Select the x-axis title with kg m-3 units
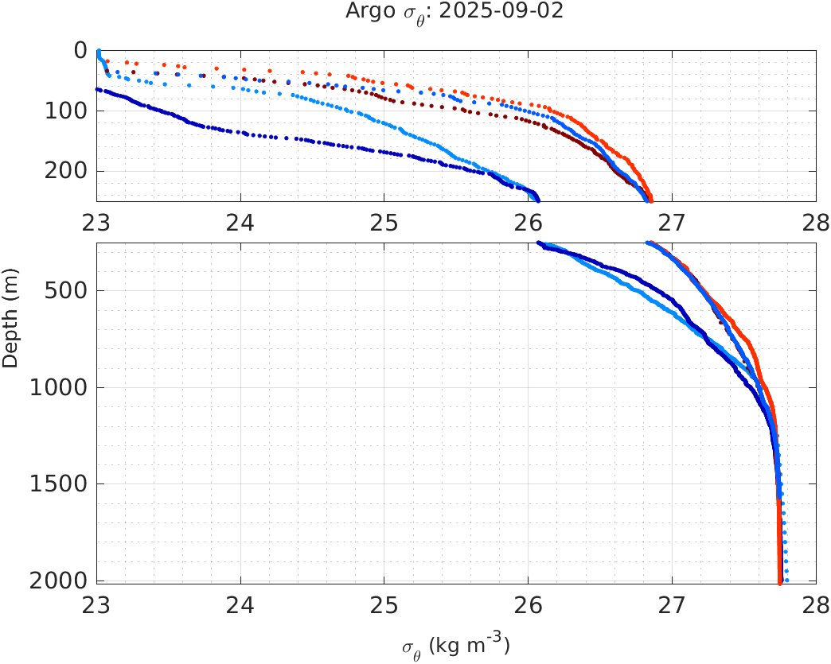click(455, 645)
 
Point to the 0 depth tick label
click(80, 50)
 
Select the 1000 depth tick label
click(58, 388)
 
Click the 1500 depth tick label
click(58, 484)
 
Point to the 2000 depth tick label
click(58, 581)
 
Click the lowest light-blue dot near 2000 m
click(786, 580)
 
